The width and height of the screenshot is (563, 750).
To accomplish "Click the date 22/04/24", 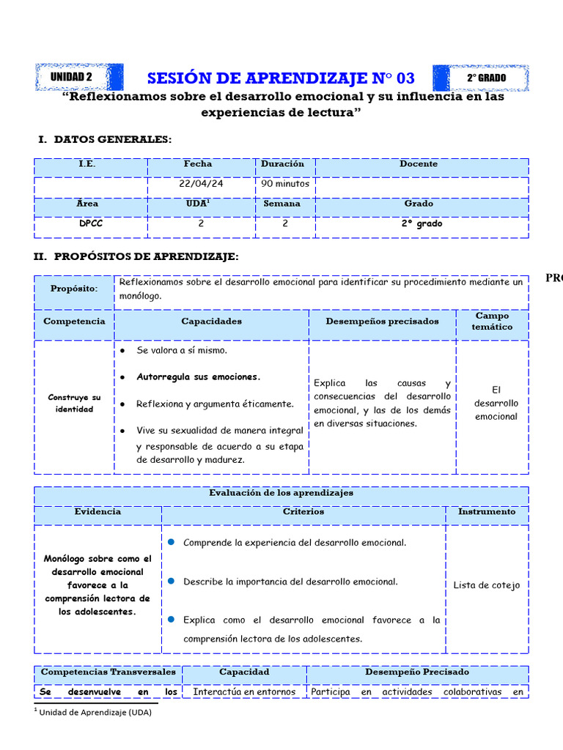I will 201,184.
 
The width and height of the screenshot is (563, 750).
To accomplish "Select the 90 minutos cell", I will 285,184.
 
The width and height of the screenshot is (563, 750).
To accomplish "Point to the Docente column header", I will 419,164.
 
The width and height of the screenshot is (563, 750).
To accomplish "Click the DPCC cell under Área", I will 91,224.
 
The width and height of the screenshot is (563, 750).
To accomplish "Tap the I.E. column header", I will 87,164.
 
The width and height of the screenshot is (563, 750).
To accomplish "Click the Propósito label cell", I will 74,289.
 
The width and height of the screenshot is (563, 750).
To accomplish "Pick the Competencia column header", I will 74,322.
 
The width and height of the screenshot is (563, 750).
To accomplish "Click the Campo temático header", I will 492,322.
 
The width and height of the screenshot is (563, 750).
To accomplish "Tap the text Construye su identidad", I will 74,403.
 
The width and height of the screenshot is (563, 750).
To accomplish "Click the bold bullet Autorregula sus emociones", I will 198,377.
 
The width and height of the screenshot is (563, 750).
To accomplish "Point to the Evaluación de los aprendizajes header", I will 281,493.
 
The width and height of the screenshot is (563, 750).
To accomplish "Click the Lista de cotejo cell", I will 486,585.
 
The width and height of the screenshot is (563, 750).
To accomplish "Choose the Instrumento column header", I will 486,512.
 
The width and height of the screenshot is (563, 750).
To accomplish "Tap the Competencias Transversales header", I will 108,672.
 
